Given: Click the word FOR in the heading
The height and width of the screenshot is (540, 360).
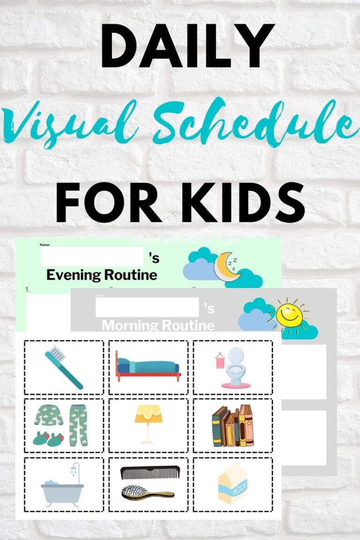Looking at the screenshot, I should click(x=113, y=202).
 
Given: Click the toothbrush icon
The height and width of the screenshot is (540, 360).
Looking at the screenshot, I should click(x=63, y=367).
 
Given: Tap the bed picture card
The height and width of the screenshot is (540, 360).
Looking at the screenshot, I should click(x=148, y=367).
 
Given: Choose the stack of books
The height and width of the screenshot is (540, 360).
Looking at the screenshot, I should click(x=232, y=425).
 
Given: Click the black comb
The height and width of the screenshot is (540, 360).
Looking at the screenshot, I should click(x=150, y=472).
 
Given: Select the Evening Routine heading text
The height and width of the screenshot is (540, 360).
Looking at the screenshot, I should click(x=101, y=275).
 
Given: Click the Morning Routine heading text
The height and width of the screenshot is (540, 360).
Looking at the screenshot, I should click(x=158, y=325).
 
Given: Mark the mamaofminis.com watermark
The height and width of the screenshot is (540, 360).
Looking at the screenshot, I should click(x=186, y=241).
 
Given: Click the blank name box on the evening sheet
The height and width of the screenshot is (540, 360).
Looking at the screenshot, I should click(x=91, y=257).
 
